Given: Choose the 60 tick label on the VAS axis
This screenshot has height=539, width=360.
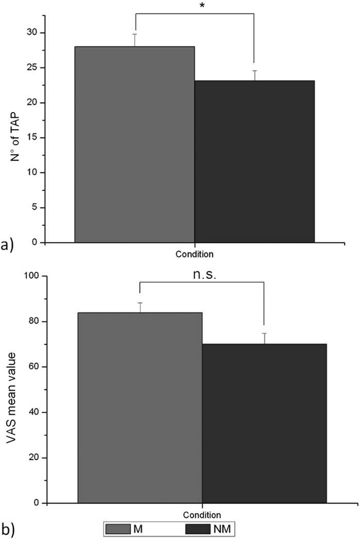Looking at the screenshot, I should [34, 367].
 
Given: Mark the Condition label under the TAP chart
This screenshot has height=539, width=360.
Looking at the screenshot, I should [194, 254].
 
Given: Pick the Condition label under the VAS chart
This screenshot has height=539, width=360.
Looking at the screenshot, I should [202, 514].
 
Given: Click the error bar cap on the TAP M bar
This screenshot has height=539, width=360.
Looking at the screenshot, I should [135, 34].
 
